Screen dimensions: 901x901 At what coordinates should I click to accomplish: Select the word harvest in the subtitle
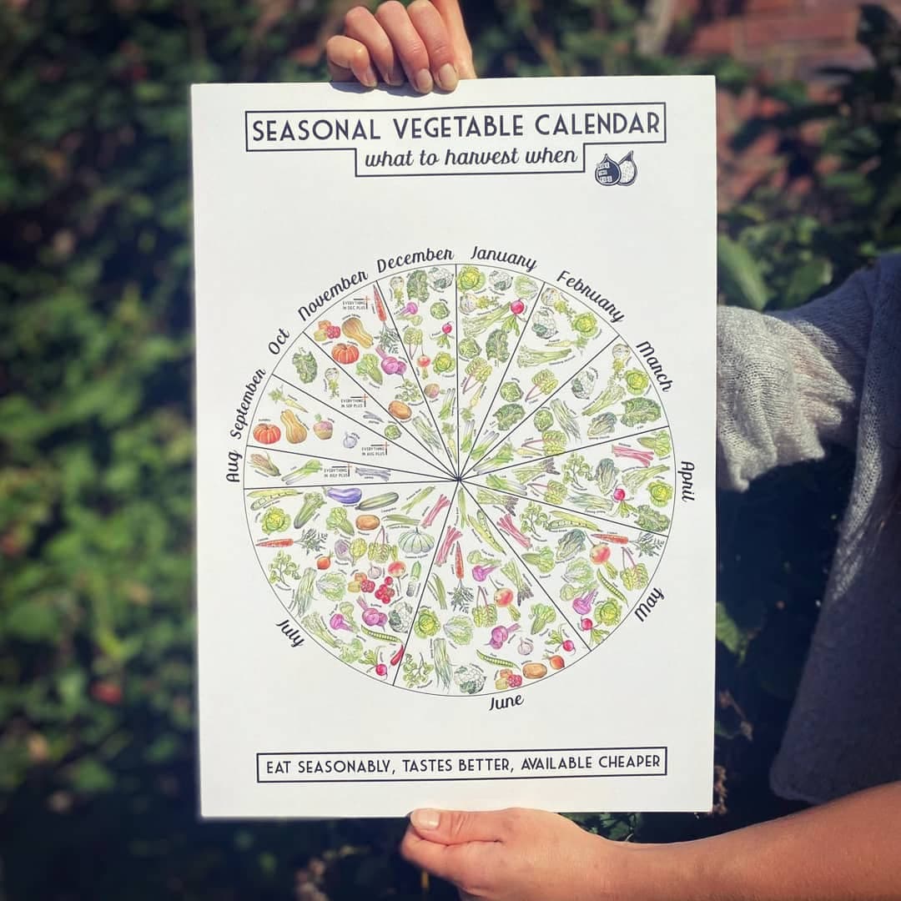click(x=480, y=156)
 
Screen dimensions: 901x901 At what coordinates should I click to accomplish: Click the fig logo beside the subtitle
click(x=616, y=169)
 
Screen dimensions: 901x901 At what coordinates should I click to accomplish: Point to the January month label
click(x=503, y=254)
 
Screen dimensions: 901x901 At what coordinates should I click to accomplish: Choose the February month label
click(x=590, y=295)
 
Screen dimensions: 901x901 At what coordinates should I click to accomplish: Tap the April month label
click(x=687, y=481)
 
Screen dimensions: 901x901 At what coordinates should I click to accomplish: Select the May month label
click(x=649, y=603)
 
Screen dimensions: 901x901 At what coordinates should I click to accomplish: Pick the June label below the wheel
click(x=506, y=702)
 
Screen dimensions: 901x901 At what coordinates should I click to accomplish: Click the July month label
click(x=289, y=632)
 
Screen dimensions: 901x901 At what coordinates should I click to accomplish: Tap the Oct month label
click(x=279, y=341)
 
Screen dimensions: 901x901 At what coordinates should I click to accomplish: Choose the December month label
click(x=415, y=259)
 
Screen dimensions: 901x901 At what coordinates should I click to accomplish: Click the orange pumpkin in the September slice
click(x=267, y=433)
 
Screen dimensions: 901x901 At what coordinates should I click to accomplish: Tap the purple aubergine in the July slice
click(x=344, y=496)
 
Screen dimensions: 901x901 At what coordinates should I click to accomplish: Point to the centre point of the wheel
click(x=459, y=479)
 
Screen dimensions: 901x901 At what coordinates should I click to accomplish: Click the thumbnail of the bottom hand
click(x=425, y=818)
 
